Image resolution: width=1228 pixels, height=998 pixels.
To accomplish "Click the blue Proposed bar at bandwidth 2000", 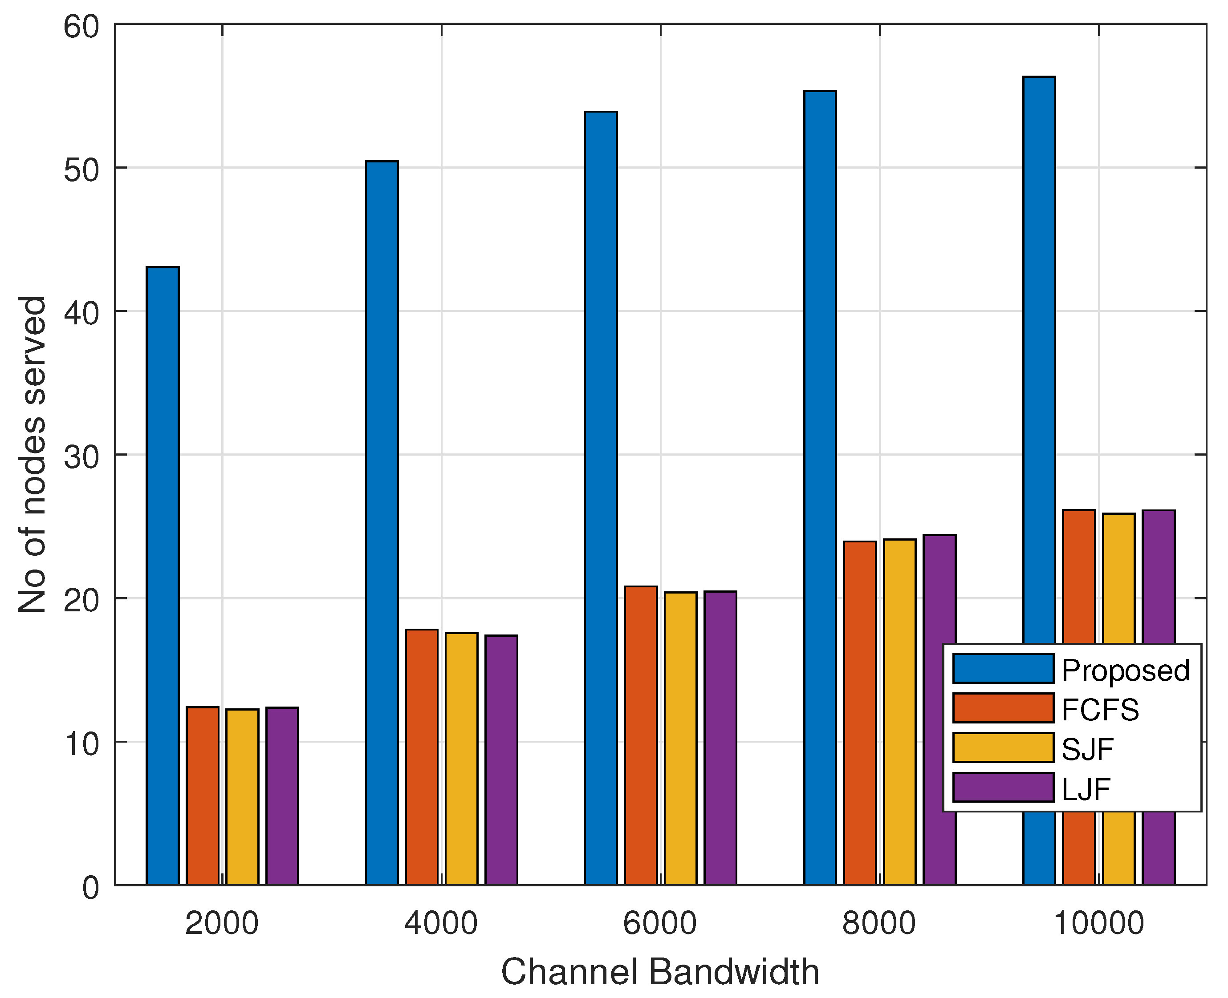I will coord(163,575).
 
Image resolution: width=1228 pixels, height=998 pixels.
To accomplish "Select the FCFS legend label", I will coord(1100,710).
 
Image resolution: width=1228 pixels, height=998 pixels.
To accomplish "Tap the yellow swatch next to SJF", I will coord(1003,748).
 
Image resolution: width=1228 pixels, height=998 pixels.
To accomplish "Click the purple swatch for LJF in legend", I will coord(1003,788).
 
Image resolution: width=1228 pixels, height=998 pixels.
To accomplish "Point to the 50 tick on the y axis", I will coord(81,169).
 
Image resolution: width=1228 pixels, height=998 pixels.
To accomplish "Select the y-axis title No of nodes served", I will coord(33,454).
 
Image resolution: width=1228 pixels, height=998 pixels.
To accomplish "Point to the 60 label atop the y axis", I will coord(81,26).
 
